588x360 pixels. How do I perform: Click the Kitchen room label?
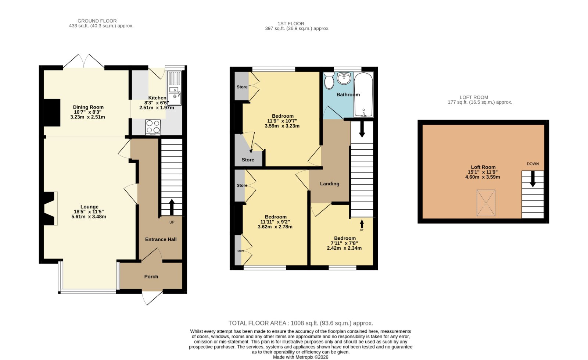(x=157, y=98)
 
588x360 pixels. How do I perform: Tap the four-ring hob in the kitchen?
(x=153, y=127)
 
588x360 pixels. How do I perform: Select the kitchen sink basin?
(x=175, y=99)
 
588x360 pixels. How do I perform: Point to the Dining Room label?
(x=88, y=107)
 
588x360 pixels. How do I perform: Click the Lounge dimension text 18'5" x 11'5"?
(x=89, y=212)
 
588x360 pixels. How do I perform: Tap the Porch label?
(x=151, y=277)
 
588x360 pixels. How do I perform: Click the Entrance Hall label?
(x=161, y=239)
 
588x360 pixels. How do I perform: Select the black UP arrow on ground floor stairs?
(x=172, y=207)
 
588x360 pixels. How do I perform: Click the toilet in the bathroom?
(x=329, y=81)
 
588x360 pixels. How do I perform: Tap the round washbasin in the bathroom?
(x=344, y=78)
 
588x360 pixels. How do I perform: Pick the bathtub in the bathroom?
(x=363, y=95)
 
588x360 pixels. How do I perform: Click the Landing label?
(x=329, y=184)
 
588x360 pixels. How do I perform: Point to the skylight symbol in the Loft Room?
(x=486, y=203)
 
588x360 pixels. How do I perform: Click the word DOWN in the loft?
(x=533, y=164)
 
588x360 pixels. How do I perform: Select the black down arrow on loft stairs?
(x=533, y=179)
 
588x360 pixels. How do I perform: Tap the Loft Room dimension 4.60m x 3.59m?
(x=483, y=177)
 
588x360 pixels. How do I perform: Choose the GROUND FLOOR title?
(x=97, y=21)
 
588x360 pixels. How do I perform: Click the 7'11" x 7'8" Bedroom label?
(x=344, y=243)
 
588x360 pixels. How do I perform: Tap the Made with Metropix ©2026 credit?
(x=301, y=357)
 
